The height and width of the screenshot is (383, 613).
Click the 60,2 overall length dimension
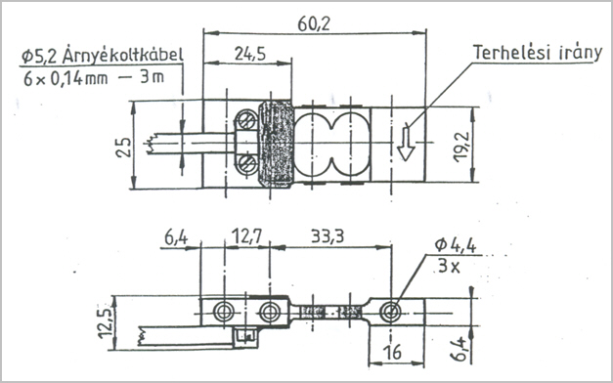click(314, 23)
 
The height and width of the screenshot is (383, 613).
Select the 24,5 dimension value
click(250, 54)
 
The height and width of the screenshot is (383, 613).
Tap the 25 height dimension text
click(125, 147)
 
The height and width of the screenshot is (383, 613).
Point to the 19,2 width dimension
click(461, 147)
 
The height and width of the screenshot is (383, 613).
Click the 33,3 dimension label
click(328, 236)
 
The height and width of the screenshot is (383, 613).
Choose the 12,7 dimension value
click(246, 236)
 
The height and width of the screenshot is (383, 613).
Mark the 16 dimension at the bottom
click(393, 352)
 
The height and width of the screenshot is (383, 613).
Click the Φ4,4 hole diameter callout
click(455, 245)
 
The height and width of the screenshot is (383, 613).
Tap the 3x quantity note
click(449, 266)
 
